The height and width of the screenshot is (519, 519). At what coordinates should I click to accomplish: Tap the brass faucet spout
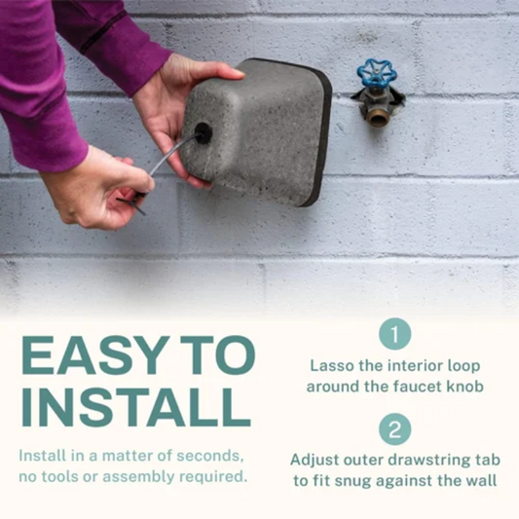377,116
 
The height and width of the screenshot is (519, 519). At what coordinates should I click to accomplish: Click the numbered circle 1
394,334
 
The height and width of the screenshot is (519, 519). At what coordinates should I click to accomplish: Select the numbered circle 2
394,428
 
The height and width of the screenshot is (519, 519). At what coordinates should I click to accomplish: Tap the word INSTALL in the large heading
129,407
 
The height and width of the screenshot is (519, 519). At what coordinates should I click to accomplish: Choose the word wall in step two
481,479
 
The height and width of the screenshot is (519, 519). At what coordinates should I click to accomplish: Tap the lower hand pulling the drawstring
97,190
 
